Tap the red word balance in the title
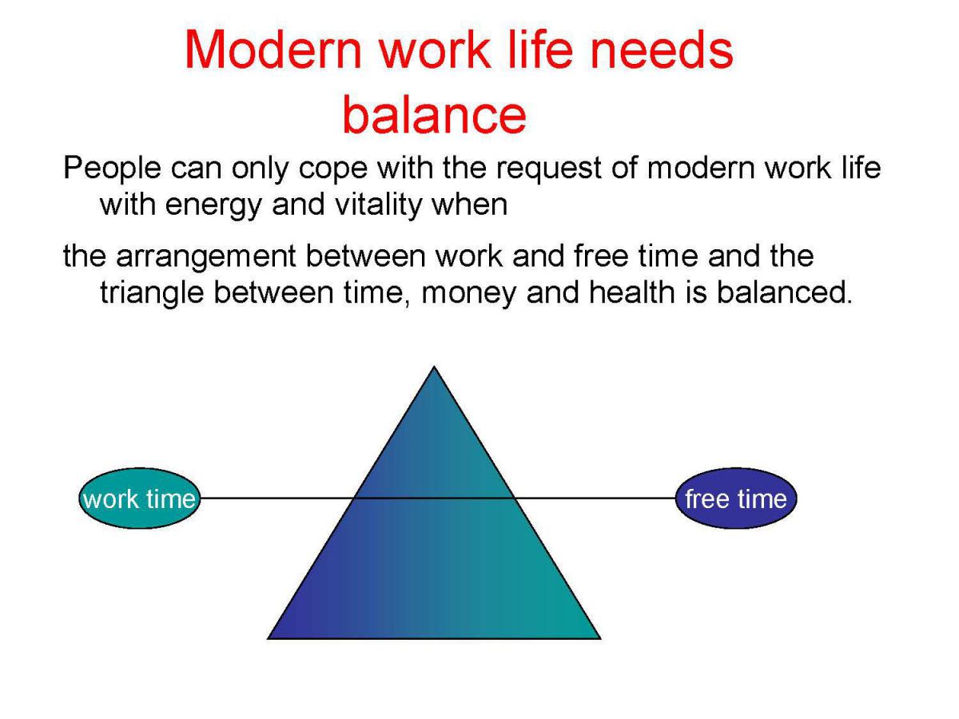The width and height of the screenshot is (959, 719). coord(434,114)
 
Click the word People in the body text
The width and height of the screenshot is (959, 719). coord(113,169)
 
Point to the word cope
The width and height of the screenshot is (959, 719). coord(333,171)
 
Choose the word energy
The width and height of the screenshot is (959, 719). coord(213,206)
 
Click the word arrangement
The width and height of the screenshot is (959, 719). coord(205,258)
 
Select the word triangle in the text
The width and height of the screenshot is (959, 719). coord(152,293)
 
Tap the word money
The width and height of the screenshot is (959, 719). coord(469,295)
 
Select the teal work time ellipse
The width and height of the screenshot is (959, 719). coord(139,499)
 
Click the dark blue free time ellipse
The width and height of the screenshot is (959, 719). coord(736,499)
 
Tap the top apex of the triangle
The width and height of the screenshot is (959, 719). coord(434,366)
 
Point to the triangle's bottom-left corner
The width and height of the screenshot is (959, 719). coord(268,638)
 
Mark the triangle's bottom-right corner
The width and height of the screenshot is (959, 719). coord(600,638)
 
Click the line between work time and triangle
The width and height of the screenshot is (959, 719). coord(277,498)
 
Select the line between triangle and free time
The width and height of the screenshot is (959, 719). coord(595,498)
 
